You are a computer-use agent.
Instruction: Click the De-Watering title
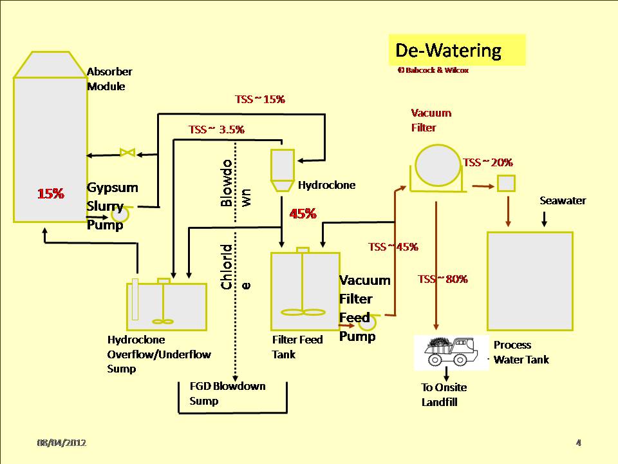(456, 50)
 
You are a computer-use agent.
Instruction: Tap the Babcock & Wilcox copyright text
(433, 70)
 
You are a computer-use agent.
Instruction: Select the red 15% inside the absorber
(50, 193)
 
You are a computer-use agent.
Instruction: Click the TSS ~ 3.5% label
(216, 129)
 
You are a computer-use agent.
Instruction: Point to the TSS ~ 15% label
(259, 99)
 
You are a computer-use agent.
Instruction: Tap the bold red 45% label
(303, 214)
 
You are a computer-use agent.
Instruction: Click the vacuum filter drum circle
(438, 166)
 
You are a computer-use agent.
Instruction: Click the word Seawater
(562, 201)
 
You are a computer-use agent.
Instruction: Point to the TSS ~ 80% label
(442, 279)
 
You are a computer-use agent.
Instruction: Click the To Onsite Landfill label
(444, 394)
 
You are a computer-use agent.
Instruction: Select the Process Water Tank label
(521, 352)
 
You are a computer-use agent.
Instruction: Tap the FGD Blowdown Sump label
(227, 393)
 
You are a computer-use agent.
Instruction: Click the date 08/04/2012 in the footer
(61, 443)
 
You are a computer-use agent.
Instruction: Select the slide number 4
(578, 443)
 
